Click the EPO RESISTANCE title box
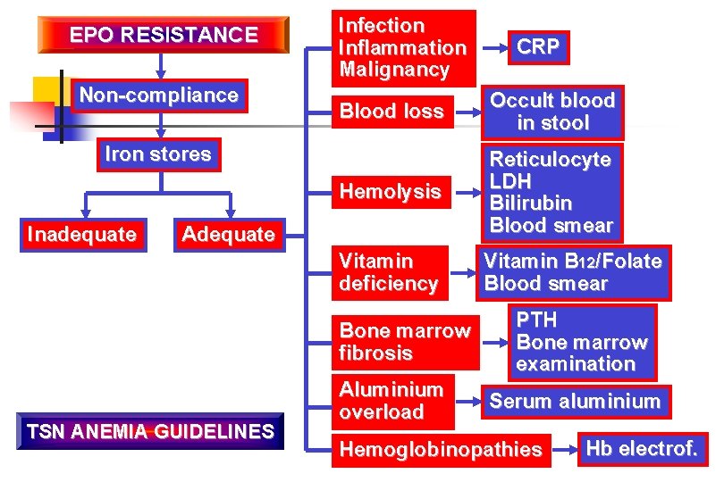point(164,36)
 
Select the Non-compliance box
point(159,96)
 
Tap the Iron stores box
point(158,154)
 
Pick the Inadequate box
point(82,235)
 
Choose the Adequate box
point(228,235)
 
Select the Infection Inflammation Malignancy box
point(403,47)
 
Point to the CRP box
point(539,47)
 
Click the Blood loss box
point(391,112)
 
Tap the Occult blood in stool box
point(552,112)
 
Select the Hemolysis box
point(391,191)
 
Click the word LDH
point(510,181)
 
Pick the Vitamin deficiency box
point(389,272)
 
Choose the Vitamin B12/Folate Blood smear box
point(572,272)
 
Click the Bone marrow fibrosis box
point(405,341)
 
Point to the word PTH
point(536,320)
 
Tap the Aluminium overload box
point(391,401)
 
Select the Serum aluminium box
point(575,402)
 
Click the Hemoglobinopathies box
point(441,450)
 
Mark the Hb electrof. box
point(641,449)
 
